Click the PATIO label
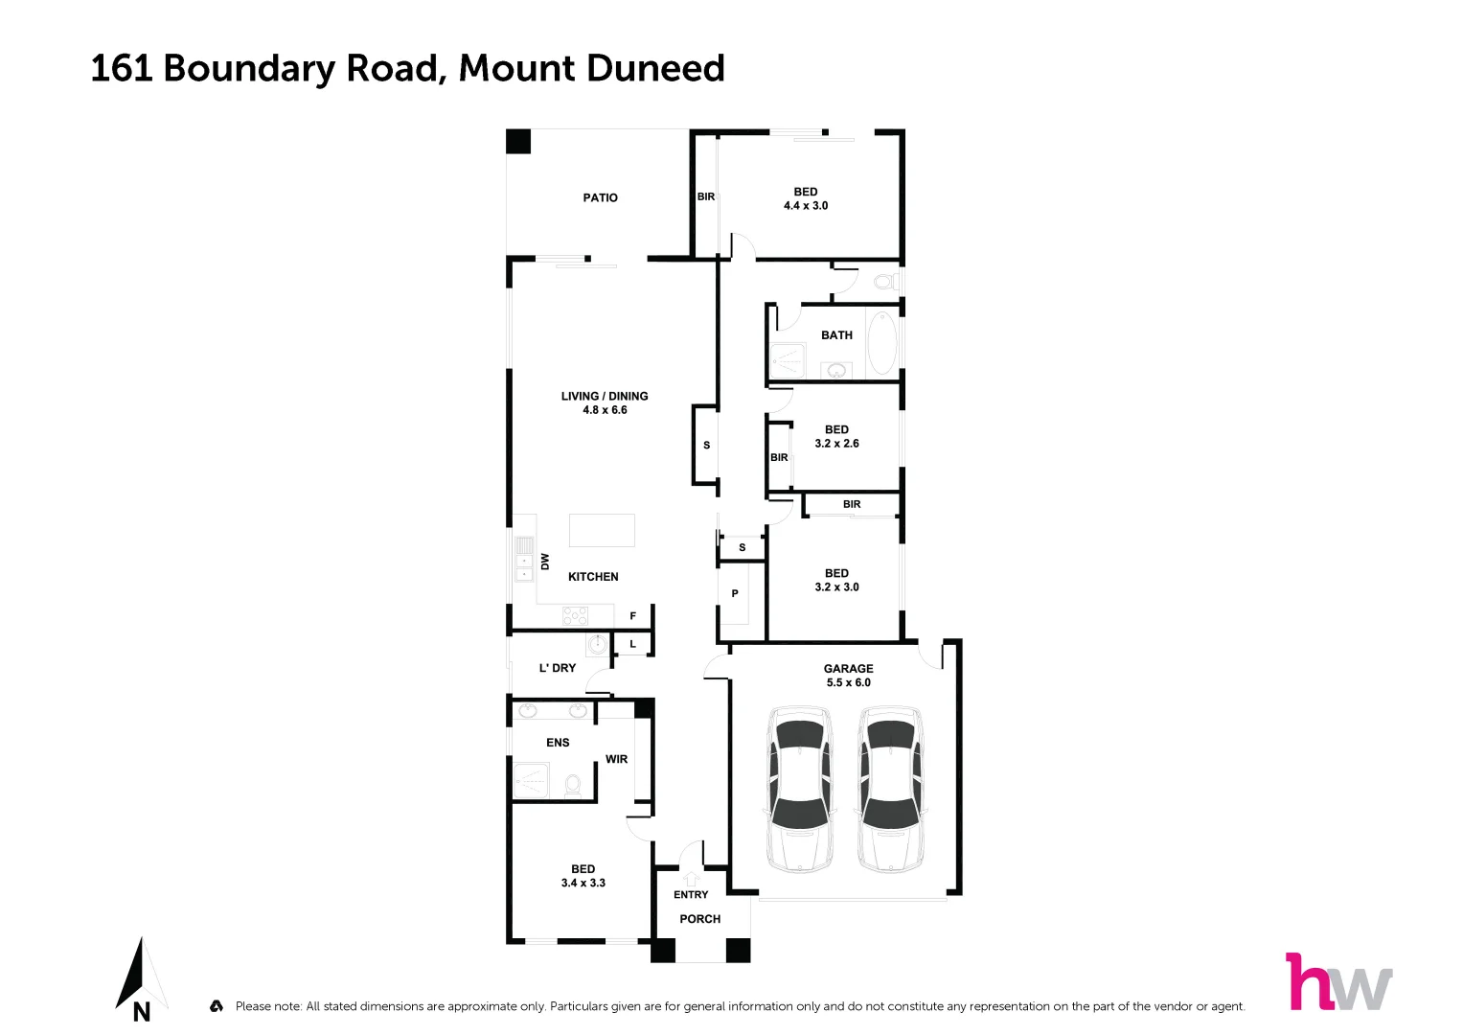600,197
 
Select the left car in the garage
800,789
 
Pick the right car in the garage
891,789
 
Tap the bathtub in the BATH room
881,342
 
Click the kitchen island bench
602,530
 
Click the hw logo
1337,982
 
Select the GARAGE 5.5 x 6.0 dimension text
848,682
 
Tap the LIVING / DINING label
605,396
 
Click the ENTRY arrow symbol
691,878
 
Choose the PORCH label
699,919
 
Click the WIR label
616,759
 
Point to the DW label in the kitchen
545,562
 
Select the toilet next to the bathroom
885,282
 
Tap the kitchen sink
524,560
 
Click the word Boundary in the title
248,69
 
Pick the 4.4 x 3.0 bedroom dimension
805,206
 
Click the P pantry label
735,594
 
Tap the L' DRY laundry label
558,668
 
